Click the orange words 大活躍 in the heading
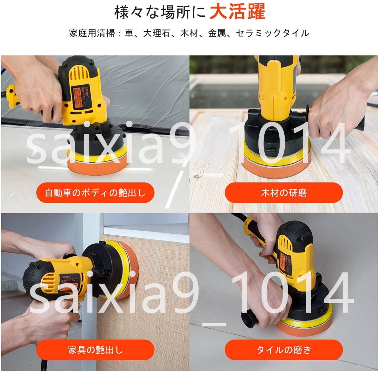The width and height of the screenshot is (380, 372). (237, 12)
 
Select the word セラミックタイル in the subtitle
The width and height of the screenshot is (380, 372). (273, 33)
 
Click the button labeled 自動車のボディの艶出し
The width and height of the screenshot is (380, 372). (95, 193)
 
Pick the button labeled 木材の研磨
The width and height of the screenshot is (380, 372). (284, 193)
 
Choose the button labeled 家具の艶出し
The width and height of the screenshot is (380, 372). (95, 350)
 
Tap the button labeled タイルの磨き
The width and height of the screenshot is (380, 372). (284, 350)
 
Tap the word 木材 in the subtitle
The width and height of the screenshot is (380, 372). (189, 33)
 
